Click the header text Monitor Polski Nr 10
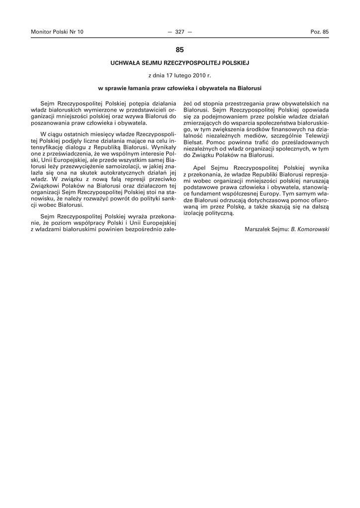[57, 32]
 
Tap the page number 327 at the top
[180, 32]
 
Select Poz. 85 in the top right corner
[319, 32]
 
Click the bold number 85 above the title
[180, 50]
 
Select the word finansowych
[286, 128]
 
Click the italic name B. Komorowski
[310, 229]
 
